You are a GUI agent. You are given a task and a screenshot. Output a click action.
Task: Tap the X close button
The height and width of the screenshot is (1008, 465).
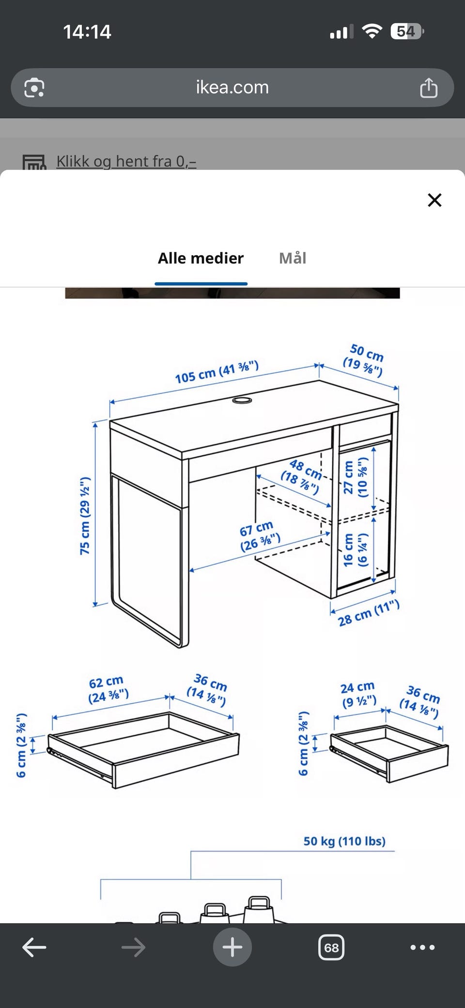coord(434,200)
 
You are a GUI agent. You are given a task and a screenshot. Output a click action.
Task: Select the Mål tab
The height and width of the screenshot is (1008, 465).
coord(293,258)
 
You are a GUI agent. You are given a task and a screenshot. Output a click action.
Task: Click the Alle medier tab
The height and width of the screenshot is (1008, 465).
coord(201,258)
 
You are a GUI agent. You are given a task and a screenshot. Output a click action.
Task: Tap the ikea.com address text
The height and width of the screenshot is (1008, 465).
coord(232,87)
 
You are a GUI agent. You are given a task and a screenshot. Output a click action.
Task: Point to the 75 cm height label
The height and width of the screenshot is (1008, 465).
coord(85,516)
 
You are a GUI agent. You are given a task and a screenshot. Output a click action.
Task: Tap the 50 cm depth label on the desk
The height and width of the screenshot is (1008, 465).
coord(365,359)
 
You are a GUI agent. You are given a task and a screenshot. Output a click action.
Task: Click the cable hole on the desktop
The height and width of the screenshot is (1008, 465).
coord(242,400)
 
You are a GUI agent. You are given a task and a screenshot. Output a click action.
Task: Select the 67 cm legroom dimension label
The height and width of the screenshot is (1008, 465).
coord(259,536)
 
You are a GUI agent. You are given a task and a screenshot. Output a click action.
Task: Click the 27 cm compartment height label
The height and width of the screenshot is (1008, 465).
coord(355,477)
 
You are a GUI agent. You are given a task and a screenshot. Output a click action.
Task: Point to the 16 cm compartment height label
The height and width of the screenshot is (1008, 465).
coord(355,550)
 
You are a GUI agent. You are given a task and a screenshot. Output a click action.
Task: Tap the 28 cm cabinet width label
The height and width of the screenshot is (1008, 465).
coord(369,613)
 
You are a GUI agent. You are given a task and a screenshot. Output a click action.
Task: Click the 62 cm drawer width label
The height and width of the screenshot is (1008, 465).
coord(108,689)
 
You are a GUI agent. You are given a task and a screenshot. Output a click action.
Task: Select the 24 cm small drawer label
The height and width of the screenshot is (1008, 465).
coord(358,694)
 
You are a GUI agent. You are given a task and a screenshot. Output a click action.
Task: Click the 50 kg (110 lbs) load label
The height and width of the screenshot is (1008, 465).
coord(344,841)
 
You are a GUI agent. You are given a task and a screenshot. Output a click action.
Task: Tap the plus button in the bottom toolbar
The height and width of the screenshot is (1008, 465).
coord(232,947)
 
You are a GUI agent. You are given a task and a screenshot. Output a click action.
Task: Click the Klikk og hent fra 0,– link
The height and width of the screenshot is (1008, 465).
coord(126,161)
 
